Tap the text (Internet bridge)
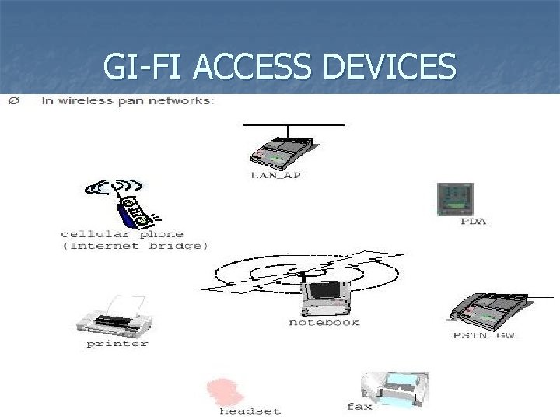135,246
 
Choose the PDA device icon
454,198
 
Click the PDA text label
473,221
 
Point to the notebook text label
324,321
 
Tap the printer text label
117,342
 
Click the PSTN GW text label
484,335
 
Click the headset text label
250,410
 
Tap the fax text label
359,406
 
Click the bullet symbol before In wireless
12,101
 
